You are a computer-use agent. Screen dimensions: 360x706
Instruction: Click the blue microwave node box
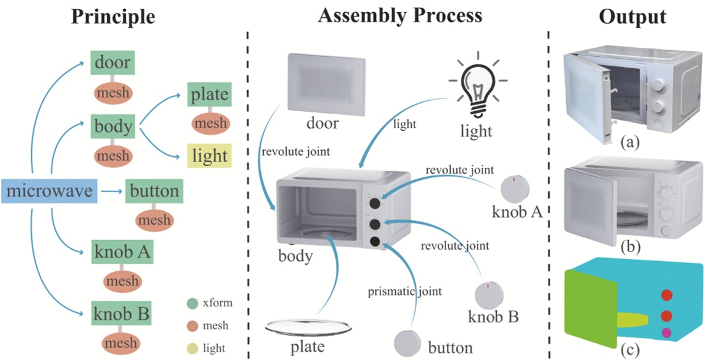pos(49,191)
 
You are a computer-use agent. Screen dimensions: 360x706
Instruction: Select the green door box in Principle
pos(112,63)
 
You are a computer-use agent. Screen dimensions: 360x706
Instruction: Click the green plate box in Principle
pos(209,95)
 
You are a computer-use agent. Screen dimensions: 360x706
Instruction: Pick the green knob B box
pos(121,314)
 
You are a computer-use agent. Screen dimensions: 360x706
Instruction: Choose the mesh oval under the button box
pos(153,220)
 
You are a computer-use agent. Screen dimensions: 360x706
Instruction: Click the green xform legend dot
pos(192,303)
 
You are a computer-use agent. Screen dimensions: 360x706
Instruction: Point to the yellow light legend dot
pos(192,349)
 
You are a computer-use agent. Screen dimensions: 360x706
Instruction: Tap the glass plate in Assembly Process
pos(308,327)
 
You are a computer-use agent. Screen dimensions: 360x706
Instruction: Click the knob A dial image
pos(514,188)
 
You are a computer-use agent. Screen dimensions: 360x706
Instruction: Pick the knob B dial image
pos(489,294)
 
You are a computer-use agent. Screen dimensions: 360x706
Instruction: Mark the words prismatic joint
pos(404,292)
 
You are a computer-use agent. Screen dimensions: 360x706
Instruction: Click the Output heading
pos(632,17)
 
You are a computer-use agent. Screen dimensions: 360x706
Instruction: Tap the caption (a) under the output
pos(632,142)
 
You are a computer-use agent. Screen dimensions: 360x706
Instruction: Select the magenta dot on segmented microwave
pos(666,332)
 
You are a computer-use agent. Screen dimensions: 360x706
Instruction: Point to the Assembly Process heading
pos(400,15)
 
